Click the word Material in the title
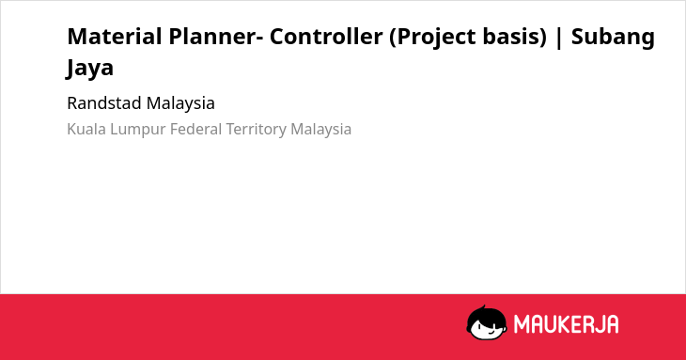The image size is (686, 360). [115, 37]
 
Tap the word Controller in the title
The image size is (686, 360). [326, 37]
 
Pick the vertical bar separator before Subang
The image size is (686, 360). [559, 38]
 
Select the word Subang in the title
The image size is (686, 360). [613, 38]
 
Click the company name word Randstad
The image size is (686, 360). [104, 103]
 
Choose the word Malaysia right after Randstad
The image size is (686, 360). [180, 104]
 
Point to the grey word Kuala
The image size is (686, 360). [86, 129]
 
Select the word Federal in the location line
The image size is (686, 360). [196, 129]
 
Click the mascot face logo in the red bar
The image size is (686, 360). [487, 322]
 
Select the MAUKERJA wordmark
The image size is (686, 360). [566, 324]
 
